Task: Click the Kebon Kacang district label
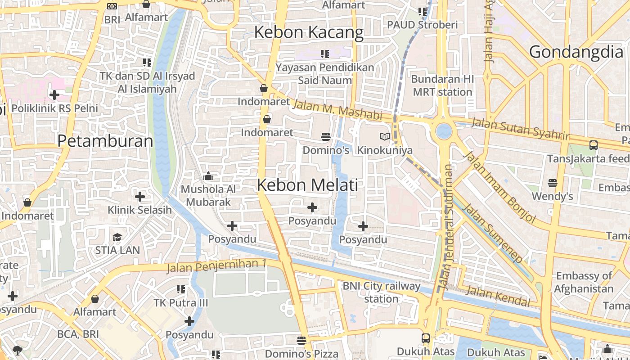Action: click(x=309, y=32)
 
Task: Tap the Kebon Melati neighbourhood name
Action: click(x=308, y=185)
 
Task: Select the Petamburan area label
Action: click(x=105, y=141)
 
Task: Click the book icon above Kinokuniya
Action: click(x=384, y=136)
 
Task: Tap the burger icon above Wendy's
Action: click(x=552, y=183)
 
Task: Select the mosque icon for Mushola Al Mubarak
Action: click(x=208, y=176)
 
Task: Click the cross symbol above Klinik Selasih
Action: click(x=140, y=197)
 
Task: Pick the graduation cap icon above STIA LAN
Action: click(x=117, y=237)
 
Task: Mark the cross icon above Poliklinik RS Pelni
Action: click(x=54, y=95)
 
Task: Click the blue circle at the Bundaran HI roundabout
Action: click(x=444, y=131)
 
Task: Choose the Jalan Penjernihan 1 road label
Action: click(x=216, y=266)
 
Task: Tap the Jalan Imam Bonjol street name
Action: click(x=500, y=187)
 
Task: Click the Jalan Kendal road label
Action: click(x=498, y=296)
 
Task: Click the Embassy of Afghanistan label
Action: click(x=584, y=282)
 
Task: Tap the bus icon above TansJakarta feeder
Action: click(x=594, y=145)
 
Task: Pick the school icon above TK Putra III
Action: click(x=181, y=289)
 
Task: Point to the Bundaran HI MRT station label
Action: click(x=442, y=85)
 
